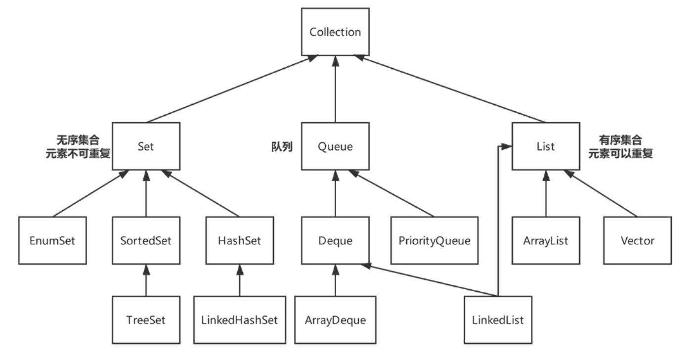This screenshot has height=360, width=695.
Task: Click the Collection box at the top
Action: (x=335, y=32)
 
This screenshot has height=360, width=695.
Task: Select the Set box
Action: (x=146, y=146)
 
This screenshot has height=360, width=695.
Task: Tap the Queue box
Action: (x=335, y=146)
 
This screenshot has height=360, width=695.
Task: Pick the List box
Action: (x=546, y=146)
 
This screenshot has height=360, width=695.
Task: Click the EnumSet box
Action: (x=53, y=240)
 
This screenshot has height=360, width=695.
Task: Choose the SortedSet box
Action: (x=146, y=240)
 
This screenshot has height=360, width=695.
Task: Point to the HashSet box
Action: (x=239, y=240)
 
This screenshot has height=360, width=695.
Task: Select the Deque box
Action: (x=335, y=240)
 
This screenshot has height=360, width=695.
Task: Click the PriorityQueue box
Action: (x=434, y=240)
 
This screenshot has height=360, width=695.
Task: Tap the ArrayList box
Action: (x=546, y=240)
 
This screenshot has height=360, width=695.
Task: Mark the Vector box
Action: (x=637, y=240)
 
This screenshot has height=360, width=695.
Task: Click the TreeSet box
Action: (x=146, y=319)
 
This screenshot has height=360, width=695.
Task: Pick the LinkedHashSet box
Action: (x=240, y=319)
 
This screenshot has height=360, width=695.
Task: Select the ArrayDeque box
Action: (x=335, y=319)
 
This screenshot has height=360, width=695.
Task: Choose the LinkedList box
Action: (x=498, y=319)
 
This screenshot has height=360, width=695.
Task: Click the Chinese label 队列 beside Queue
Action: (x=282, y=147)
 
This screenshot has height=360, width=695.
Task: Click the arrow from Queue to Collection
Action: (x=335, y=89)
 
